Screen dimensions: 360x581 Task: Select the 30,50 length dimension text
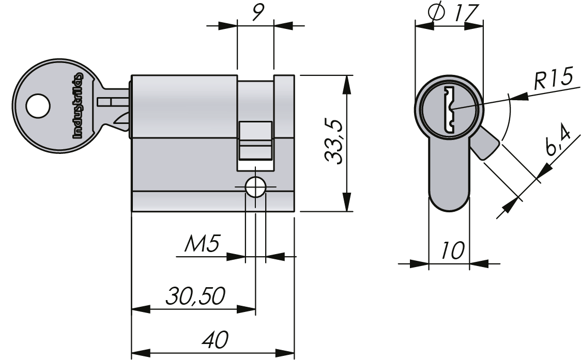pos(195,296)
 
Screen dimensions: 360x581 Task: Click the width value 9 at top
pos(255,12)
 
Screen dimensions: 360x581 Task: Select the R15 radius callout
pos(553,79)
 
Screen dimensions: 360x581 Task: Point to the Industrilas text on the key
pos(78,105)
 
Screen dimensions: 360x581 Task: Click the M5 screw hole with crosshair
pos(255,187)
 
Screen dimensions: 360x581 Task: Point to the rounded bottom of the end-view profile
pos(449,205)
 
